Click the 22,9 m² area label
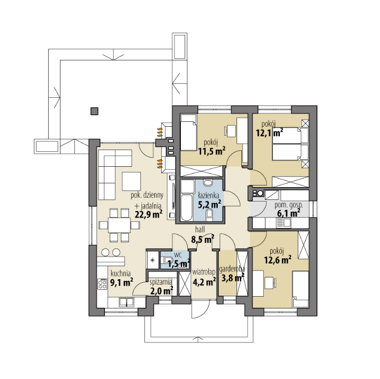(x=148, y=214)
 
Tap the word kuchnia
(x=120, y=274)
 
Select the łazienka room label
(x=208, y=195)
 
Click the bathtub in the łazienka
(x=187, y=207)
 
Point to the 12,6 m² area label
(x=277, y=260)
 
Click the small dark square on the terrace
(x=94, y=111)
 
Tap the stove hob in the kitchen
(x=102, y=283)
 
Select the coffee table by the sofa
(x=131, y=181)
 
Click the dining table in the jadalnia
(x=119, y=226)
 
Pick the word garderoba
(x=232, y=269)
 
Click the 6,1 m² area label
(x=288, y=213)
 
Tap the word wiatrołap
(x=203, y=272)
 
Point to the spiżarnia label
(x=161, y=282)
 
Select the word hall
(x=200, y=229)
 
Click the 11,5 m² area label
(x=212, y=151)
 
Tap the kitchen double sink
(x=126, y=302)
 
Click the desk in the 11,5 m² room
(x=231, y=130)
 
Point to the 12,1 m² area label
(x=270, y=133)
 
